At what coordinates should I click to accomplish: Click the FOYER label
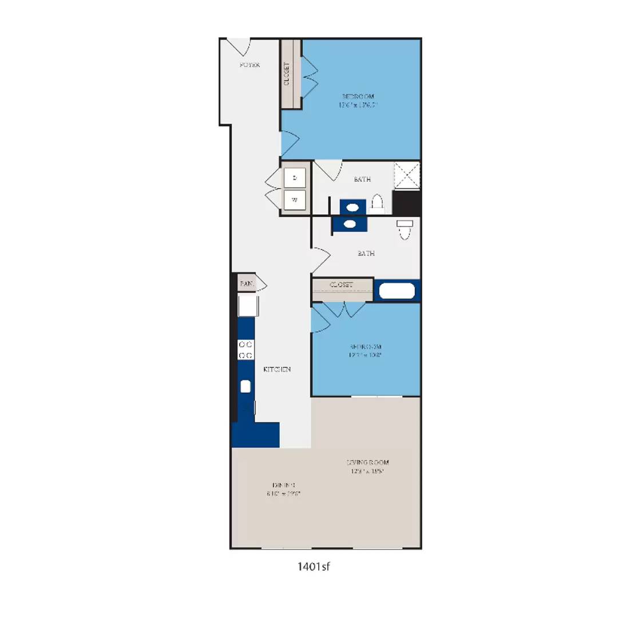(249, 65)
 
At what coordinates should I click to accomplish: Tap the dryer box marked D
(295, 178)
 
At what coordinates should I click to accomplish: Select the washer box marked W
(295, 200)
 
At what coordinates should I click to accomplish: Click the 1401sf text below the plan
(314, 567)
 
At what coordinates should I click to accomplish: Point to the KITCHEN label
(277, 370)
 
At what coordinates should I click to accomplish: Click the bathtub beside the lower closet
(397, 291)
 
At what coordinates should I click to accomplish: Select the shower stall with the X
(407, 175)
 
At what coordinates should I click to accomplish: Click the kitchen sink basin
(245, 386)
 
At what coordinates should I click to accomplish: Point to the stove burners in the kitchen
(245, 350)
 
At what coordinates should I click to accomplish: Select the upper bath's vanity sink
(352, 206)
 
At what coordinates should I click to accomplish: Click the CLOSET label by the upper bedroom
(287, 74)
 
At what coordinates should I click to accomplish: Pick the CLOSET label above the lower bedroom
(342, 284)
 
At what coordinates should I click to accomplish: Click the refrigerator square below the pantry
(248, 305)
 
